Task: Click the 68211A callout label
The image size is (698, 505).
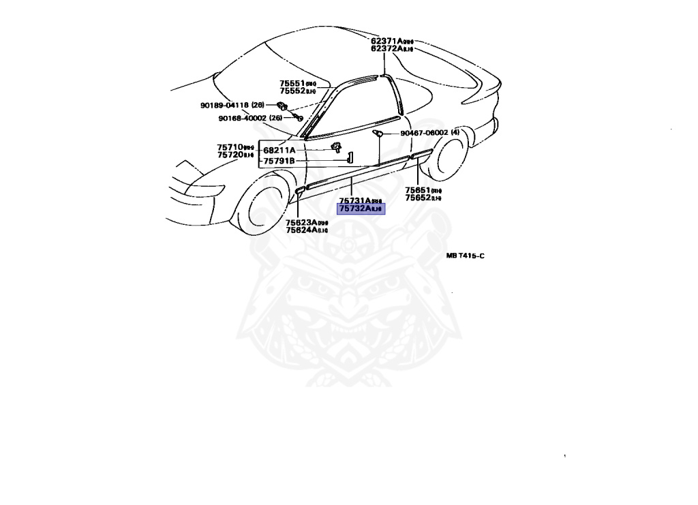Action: point(279,150)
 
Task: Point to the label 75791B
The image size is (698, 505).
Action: point(279,161)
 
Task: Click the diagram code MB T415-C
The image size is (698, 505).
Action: point(465,256)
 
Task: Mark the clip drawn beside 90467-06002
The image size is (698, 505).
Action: point(380,132)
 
